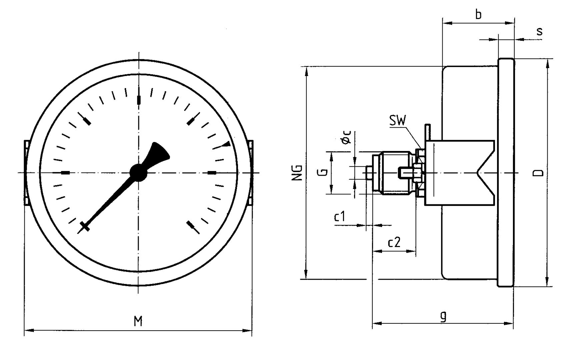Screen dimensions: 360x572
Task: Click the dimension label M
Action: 138,321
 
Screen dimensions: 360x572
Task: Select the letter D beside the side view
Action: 538,173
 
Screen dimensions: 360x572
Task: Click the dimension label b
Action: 478,15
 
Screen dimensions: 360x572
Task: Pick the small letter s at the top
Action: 539,31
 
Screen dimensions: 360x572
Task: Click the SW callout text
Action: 398,121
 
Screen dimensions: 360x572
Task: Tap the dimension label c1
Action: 340,217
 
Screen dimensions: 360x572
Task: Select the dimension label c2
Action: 394,242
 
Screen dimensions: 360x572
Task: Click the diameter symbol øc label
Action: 347,137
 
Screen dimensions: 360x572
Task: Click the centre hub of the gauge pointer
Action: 138,172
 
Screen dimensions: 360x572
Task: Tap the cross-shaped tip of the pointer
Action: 85,227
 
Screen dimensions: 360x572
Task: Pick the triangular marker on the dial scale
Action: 226,144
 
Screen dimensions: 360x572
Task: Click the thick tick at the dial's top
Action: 139,100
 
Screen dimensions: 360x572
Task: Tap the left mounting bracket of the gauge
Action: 26,172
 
